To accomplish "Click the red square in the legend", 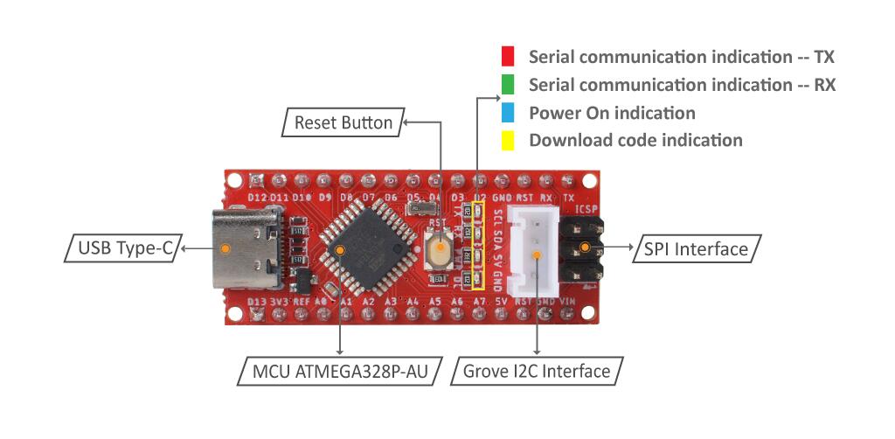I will (x=508, y=57).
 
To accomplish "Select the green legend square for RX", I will (x=508, y=85).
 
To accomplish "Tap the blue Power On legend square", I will (x=508, y=113).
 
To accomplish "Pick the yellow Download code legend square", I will (x=508, y=140).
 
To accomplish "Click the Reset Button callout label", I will (x=343, y=123).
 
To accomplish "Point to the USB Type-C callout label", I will (x=121, y=248).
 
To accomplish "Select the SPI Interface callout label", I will (x=696, y=249).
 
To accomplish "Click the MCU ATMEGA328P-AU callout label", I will (x=341, y=371).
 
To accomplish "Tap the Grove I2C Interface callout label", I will (x=537, y=371).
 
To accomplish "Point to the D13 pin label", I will (x=257, y=302).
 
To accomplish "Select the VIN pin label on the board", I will (x=569, y=302).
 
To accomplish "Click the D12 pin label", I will (x=257, y=199).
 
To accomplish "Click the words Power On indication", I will (x=612, y=113).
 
